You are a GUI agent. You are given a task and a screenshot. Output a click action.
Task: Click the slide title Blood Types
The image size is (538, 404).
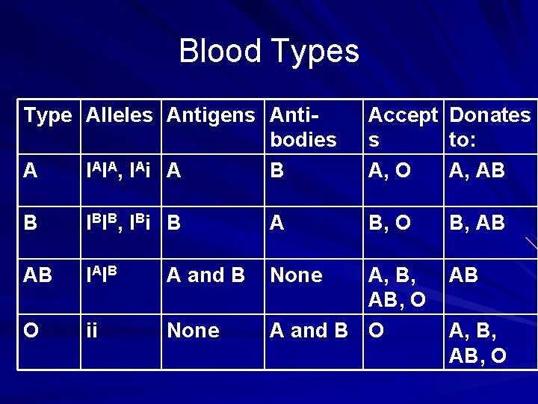(269, 52)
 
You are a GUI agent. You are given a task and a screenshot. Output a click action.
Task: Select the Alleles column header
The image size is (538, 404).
(120, 115)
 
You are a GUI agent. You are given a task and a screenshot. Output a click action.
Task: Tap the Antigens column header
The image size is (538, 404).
(211, 115)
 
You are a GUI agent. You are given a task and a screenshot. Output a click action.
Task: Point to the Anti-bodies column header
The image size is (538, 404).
(303, 127)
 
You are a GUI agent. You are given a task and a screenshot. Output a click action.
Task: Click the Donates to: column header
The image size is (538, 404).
(489, 127)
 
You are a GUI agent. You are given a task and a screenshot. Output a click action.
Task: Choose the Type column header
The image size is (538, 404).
(48, 115)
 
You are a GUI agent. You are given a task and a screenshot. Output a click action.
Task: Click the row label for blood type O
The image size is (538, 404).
(31, 331)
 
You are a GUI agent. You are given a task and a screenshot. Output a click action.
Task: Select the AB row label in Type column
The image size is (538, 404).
(37, 275)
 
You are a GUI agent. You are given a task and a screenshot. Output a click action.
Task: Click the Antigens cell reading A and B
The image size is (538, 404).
(206, 275)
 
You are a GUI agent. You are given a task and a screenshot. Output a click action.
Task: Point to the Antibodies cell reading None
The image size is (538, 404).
(297, 275)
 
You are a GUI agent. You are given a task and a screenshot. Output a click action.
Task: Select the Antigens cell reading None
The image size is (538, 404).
(194, 331)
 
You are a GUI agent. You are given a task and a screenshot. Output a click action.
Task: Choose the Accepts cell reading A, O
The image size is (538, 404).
(389, 171)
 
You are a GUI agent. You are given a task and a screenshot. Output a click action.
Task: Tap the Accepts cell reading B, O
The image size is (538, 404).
(389, 223)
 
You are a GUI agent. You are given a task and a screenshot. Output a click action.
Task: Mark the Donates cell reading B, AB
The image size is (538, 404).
(477, 223)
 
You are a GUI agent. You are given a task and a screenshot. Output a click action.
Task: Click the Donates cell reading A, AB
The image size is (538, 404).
(477, 171)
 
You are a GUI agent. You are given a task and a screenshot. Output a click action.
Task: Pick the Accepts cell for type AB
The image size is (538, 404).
(398, 288)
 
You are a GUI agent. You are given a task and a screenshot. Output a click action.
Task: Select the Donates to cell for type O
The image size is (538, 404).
(477, 343)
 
